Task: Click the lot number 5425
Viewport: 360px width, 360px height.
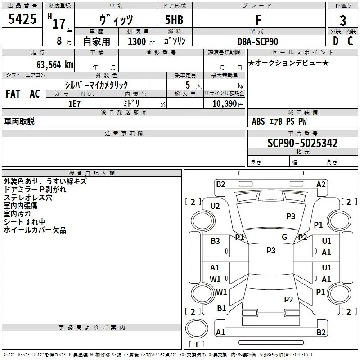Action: (22, 19)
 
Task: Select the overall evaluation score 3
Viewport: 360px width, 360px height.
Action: (343, 21)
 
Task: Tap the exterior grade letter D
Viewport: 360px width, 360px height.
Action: (336, 41)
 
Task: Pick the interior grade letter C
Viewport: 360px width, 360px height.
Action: (350, 41)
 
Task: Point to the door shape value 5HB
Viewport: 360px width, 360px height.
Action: (174, 20)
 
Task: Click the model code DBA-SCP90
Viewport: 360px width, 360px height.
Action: (258, 41)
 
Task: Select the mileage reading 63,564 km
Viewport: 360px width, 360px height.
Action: (55, 65)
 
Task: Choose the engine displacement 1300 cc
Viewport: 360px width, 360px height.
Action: (141, 41)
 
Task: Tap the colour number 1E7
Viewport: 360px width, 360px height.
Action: (74, 104)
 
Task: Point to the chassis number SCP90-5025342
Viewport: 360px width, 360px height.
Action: (302, 143)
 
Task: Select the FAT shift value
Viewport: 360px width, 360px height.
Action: (13, 94)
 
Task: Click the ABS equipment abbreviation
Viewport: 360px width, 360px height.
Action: (258, 121)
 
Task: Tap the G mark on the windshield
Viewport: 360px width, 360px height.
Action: (284, 237)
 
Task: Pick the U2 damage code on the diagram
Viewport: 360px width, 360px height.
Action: (215, 206)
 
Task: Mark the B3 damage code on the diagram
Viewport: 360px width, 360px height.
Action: (215, 241)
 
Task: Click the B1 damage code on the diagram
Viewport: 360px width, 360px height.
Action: (221, 308)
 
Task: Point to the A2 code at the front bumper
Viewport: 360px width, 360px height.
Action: (321, 184)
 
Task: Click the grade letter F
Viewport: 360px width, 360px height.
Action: (258, 20)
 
